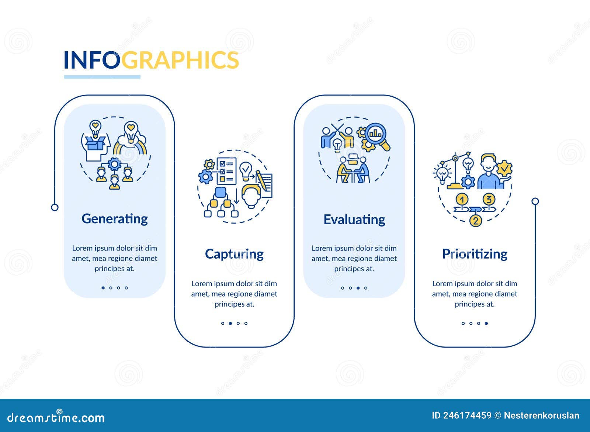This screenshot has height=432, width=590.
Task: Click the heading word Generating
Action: point(114,219)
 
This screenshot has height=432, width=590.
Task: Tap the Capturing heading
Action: point(234,254)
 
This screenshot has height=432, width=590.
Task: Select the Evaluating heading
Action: point(354,220)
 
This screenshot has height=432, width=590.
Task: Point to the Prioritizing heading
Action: point(475,254)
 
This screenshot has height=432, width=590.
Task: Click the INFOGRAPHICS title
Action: point(151,60)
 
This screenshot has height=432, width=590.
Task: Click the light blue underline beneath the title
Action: point(102,77)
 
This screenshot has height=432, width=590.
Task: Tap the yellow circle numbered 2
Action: point(476,221)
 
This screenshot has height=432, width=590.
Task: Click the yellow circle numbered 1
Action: point(462,200)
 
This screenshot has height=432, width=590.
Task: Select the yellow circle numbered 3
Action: point(489,200)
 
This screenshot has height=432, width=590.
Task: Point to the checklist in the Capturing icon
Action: point(226,171)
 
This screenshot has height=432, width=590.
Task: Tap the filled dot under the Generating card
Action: point(103,288)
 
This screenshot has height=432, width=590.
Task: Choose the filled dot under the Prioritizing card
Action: point(486,323)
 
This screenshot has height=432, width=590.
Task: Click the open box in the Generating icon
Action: point(94,143)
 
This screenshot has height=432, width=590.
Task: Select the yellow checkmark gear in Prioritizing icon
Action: point(504,169)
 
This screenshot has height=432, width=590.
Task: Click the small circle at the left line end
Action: point(55,207)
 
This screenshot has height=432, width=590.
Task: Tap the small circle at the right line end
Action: point(535,201)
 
